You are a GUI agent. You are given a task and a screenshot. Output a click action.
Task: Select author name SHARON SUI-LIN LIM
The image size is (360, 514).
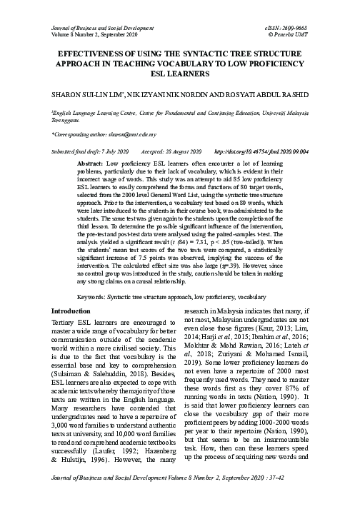(81, 94)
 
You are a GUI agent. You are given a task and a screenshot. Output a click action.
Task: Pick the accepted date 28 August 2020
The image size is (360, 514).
(177, 152)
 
